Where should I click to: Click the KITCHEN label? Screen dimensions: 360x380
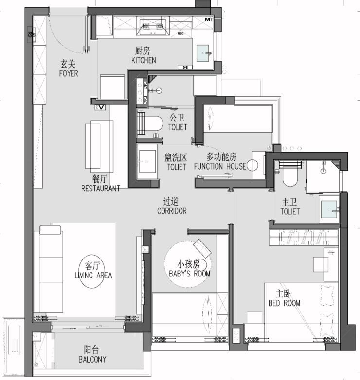[x=144, y=60]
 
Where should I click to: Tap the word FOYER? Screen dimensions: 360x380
[x=69, y=73]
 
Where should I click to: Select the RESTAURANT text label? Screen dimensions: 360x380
[x=101, y=189]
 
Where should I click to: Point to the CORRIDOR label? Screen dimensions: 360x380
[x=172, y=211]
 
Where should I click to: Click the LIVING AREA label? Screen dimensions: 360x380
[x=93, y=276]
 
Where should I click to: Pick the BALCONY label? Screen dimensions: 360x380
[x=92, y=359]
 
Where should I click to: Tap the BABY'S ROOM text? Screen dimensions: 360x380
[x=190, y=274]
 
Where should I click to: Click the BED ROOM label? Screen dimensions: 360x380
[x=284, y=303]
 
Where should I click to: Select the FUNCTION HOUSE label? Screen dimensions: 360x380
[x=220, y=166]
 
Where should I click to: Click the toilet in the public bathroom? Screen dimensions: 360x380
[x=150, y=124]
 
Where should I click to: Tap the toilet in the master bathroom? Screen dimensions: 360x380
[x=290, y=176]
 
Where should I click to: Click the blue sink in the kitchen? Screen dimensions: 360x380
[x=202, y=53]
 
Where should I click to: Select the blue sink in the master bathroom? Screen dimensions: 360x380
[x=329, y=209]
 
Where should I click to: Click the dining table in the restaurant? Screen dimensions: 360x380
[x=99, y=146]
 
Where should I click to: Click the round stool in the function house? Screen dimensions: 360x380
[x=252, y=165]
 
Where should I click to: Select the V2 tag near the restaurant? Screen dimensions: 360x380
[x=100, y=107]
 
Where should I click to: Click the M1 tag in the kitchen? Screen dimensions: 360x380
[x=208, y=19]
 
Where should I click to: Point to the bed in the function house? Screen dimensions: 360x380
[x=238, y=119]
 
